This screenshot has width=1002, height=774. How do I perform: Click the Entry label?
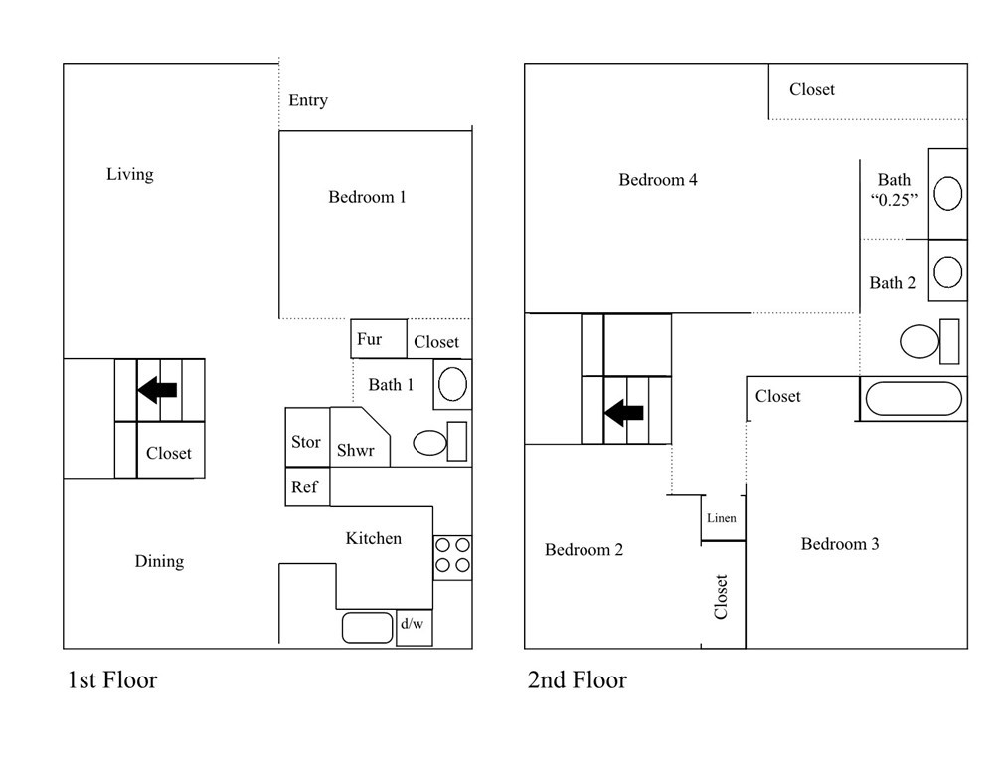pos(308,100)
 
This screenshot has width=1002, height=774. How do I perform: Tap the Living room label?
pos(130,174)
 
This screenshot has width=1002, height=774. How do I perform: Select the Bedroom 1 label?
pos(367,197)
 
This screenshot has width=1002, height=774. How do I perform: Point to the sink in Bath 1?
pos(452,384)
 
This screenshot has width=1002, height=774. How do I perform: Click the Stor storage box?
pos(306,441)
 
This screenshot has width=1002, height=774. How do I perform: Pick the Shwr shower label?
pos(355,450)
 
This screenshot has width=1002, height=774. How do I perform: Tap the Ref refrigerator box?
pos(305,487)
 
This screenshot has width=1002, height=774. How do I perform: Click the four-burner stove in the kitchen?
pos(452,556)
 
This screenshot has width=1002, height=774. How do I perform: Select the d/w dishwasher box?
pos(413,626)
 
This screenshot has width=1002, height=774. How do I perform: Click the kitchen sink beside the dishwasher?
pos(368,627)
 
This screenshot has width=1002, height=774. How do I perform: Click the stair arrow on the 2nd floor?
pos(624,411)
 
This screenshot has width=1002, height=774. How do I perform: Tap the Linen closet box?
pos(722,518)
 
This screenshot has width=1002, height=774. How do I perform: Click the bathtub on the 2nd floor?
pos(914,399)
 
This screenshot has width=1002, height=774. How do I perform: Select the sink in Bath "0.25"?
pos(947,193)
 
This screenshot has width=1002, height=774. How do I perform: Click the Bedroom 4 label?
pos(658,180)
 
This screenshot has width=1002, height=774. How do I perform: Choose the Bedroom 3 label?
pos(840,544)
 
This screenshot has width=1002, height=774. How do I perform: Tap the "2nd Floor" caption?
pos(577,680)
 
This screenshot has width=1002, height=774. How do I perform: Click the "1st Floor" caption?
pos(112,680)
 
